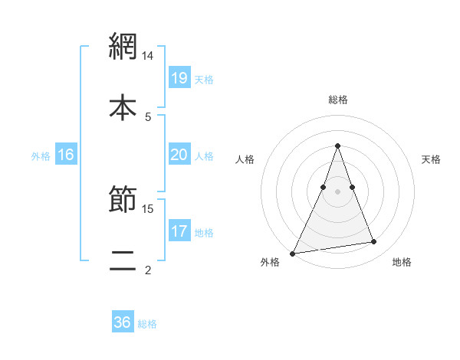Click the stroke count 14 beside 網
[149, 56]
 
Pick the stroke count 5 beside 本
[148, 116]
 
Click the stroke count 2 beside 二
[148, 270]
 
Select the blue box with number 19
[179, 77]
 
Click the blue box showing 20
[179, 155]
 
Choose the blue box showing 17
[179, 231]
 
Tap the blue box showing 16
[66, 155]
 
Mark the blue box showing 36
[123, 322]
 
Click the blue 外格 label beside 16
[41, 155]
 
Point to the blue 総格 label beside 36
[147, 323]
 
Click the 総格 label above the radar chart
[337, 100]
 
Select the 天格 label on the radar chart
[432, 159]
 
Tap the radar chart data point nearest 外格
[293, 254]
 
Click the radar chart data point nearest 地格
[374, 242]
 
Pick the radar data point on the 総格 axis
[337, 146]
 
